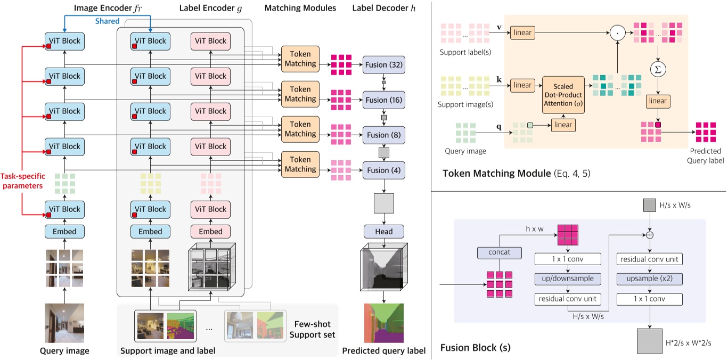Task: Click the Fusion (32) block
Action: pyautogui.click(x=384, y=65)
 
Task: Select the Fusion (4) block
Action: pyautogui.click(x=384, y=170)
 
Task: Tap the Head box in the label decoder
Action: pyautogui.click(x=384, y=232)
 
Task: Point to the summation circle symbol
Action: pyautogui.click(x=659, y=69)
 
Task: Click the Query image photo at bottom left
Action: pyautogui.click(x=64, y=323)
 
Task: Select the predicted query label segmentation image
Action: pyautogui.click(x=384, y=323)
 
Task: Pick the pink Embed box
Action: pyautogui.click(x=211, y=232)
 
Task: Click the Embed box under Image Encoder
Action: pyautogui.click(x=64, y=232)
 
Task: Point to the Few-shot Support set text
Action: pyautogui.click(x=314, y=329)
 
